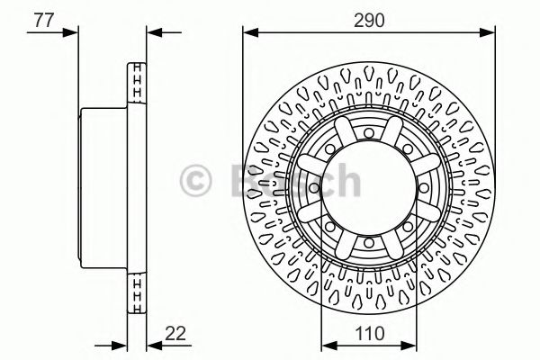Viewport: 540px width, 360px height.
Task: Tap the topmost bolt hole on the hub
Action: [369, 134]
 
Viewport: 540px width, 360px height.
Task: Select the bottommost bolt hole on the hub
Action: [369, 244]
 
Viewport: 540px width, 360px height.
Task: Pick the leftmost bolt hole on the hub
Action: [314, 189]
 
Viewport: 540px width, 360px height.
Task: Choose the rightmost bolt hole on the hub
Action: [424, 189]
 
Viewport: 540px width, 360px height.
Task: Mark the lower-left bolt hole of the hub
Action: [330, 228]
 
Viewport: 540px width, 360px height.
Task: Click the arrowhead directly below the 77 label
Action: [72, 34]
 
